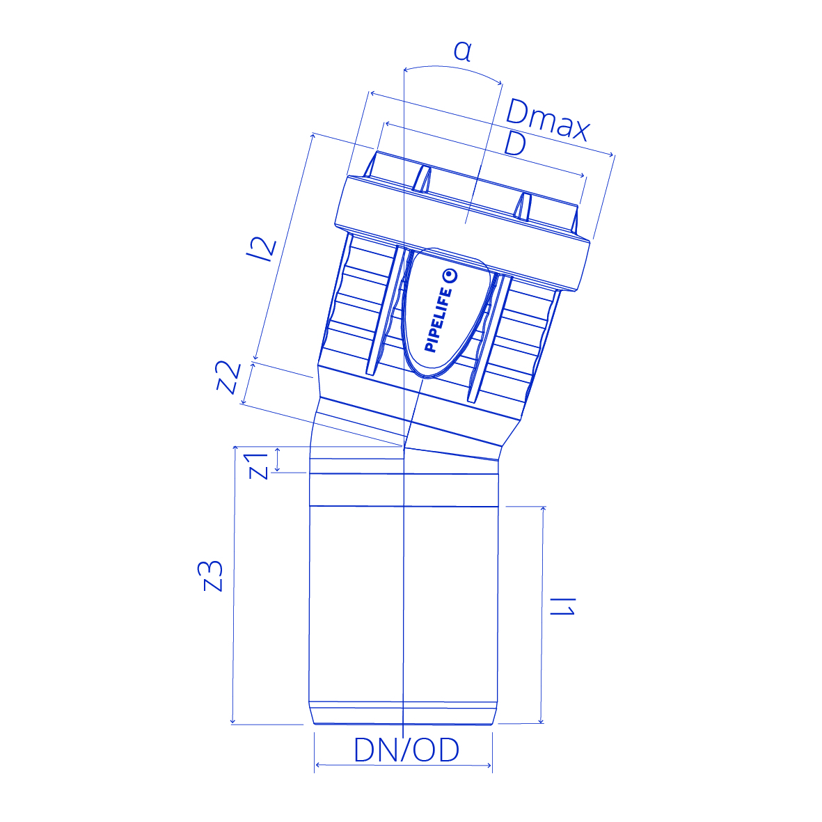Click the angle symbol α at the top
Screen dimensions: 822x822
(x=462, y=52)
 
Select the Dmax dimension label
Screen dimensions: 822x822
(x=548, y=120)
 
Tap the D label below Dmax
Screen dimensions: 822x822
(x=515, y=143)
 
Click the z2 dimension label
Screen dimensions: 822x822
(x=229, y=377)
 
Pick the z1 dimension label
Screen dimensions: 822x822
(x=258, y=466)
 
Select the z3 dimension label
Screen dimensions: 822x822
(x=213, y=576)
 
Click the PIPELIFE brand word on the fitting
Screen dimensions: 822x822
(x=438, y=319)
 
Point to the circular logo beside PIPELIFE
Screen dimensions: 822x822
(x=450, y=276)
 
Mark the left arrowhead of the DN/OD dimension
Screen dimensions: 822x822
(x=317, y=766)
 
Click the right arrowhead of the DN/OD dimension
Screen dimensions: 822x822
(x=489, y=766)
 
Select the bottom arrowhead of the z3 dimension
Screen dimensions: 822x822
(x=232, y=721)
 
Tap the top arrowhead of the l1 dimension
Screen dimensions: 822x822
(x=543, y=510)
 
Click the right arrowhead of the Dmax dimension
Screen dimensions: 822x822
(x=610, y=154)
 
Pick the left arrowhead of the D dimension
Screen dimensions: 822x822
(x=388, y=125)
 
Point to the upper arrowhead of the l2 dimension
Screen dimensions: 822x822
(x=313, y=137)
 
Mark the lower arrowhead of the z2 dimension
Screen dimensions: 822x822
(x=243, y=401)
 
